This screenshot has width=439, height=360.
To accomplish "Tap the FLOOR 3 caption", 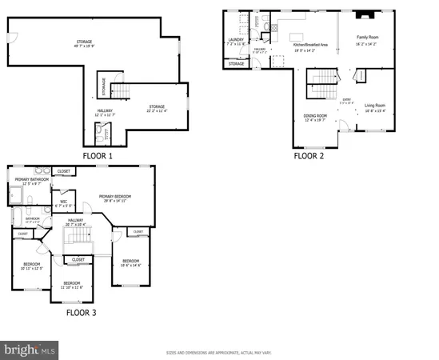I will (x=81, y=313).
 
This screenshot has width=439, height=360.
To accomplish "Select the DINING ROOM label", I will (x=315, y=116).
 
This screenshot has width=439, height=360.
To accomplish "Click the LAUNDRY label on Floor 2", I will (x=235, y=38).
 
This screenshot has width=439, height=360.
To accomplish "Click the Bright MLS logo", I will (x=30, y=350).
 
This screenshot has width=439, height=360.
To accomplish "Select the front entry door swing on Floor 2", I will (x=343, y=125).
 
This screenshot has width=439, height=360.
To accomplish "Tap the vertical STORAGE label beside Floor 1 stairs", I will (x=102, y=83).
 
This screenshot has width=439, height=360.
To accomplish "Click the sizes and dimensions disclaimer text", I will (x=219, y=352).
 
